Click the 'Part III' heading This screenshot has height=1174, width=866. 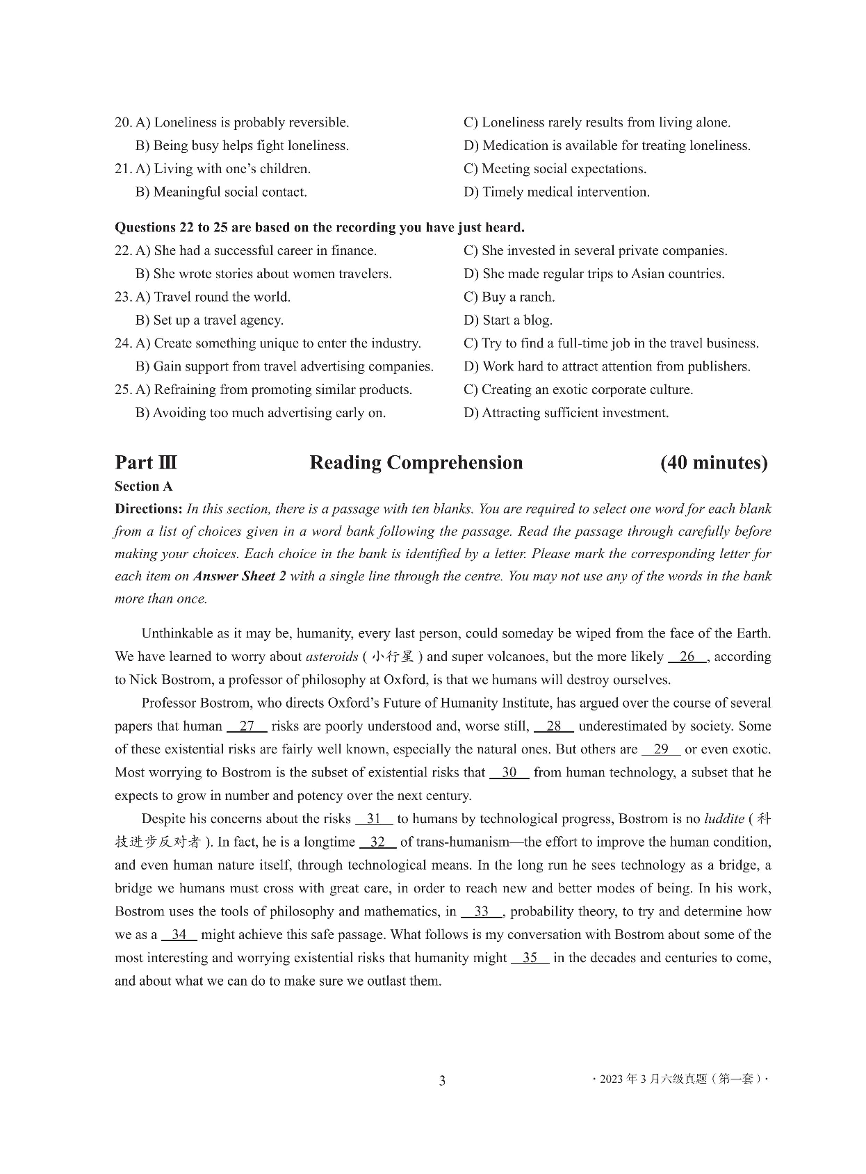(x=146, y=463)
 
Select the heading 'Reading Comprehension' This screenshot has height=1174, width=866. (x=416, y=463)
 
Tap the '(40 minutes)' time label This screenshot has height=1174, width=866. (x=714, y=463)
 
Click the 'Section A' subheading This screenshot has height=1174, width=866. (x=144, y=487)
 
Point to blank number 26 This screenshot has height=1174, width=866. (x=687, y=657)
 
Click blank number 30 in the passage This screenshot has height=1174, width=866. (x=509, y=773)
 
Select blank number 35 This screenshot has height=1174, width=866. (x=530, y=959)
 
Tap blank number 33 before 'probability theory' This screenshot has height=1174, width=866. (x=482, y=912)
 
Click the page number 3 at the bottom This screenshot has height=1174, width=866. (x=442, y=1081)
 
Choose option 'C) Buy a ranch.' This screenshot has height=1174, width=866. (x=509, y=297)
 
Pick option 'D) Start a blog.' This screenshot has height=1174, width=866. (x=507, y=320)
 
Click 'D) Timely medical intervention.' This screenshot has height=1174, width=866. (x=557, y=193)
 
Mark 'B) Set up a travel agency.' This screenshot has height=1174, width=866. (x=209, y=320)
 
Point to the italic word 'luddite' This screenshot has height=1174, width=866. (x=724, y=819)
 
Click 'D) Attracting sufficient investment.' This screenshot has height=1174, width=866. (x=566, y=414)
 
